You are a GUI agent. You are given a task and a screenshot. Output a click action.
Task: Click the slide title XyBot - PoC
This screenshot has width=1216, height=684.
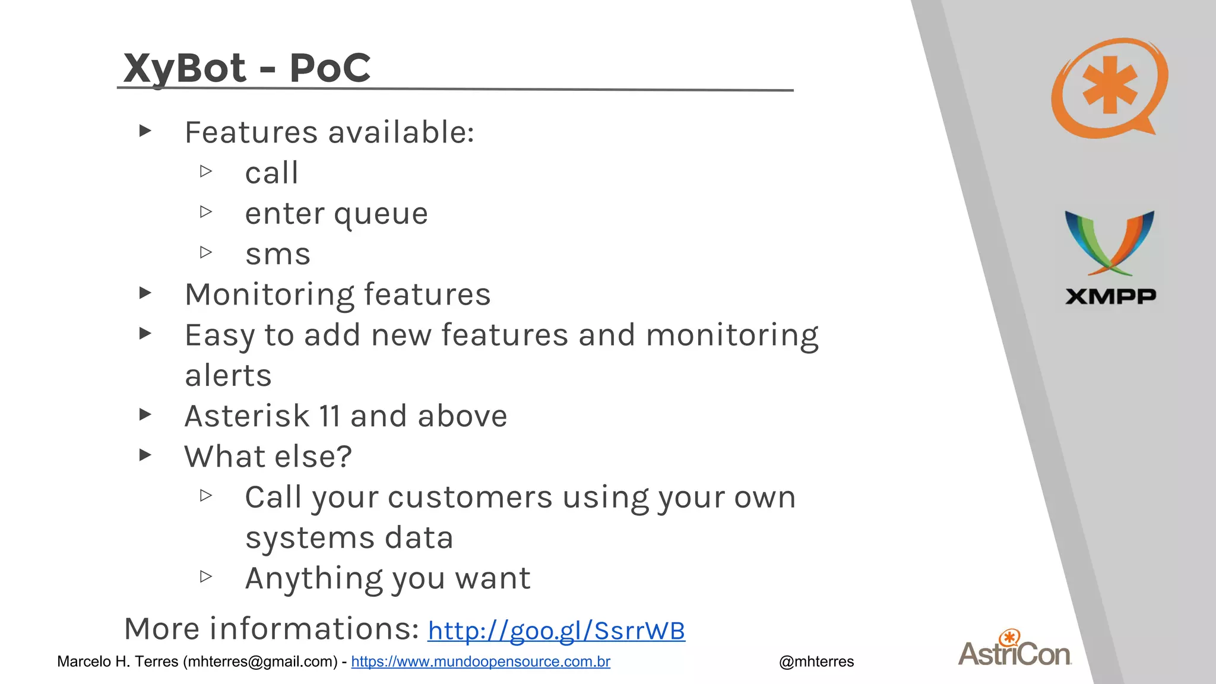tap(247, 68)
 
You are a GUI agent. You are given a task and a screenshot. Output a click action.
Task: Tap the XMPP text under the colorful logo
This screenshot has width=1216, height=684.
tap(1110, 296)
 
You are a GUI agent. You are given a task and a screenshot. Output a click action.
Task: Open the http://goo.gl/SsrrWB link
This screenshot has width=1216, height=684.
tap(556, 631)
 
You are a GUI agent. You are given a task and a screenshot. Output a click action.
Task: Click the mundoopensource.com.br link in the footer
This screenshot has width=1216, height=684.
tap(480, 661)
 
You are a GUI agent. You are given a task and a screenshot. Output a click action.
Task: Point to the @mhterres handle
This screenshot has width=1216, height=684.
tap(816, 661)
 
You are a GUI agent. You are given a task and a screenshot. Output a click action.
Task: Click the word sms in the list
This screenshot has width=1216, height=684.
tap(278, 254)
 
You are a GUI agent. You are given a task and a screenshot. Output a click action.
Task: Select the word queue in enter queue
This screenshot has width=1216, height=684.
tap(381, 214)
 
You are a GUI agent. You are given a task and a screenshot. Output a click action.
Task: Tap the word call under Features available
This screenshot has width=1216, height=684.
tap(271, 173)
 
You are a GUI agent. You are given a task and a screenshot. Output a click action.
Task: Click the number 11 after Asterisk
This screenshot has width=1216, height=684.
tap(330, 416)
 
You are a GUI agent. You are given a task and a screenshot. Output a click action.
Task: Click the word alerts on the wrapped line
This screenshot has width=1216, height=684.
tap(228, 375)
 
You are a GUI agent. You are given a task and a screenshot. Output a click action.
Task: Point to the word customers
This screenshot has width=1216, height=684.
tap(470, 497)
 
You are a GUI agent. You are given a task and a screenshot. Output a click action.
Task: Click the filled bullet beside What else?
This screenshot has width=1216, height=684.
tap(145, 455)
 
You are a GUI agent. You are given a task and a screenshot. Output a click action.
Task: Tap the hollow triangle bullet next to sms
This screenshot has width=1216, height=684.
tap(206, 252)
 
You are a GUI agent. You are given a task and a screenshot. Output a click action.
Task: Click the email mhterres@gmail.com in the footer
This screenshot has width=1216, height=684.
tap(261, 661)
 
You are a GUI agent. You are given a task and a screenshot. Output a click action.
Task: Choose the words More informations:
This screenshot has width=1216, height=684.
tap(271, 628)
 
